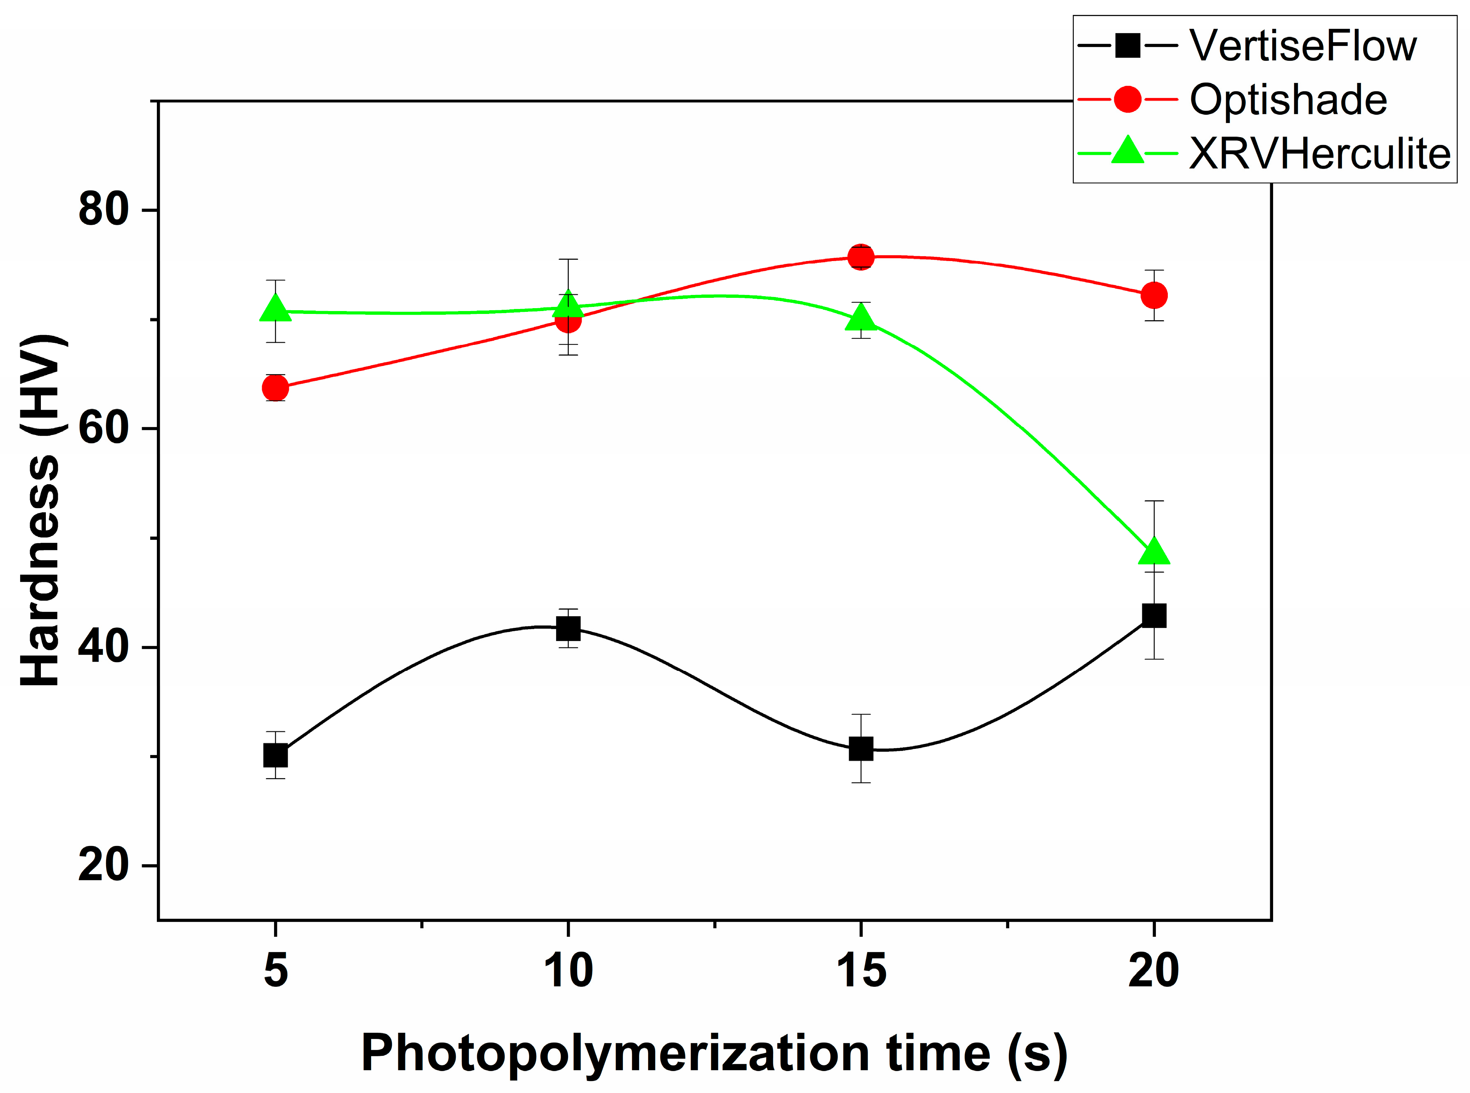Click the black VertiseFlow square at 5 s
coord(275,755)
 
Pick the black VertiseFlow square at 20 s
coord(1154,615)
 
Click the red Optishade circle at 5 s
coord(275,388)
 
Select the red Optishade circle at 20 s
coord(1154,295)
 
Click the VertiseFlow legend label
coord(1303,46)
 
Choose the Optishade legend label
coord(1288,100)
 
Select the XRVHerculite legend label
coord(1319,154)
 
